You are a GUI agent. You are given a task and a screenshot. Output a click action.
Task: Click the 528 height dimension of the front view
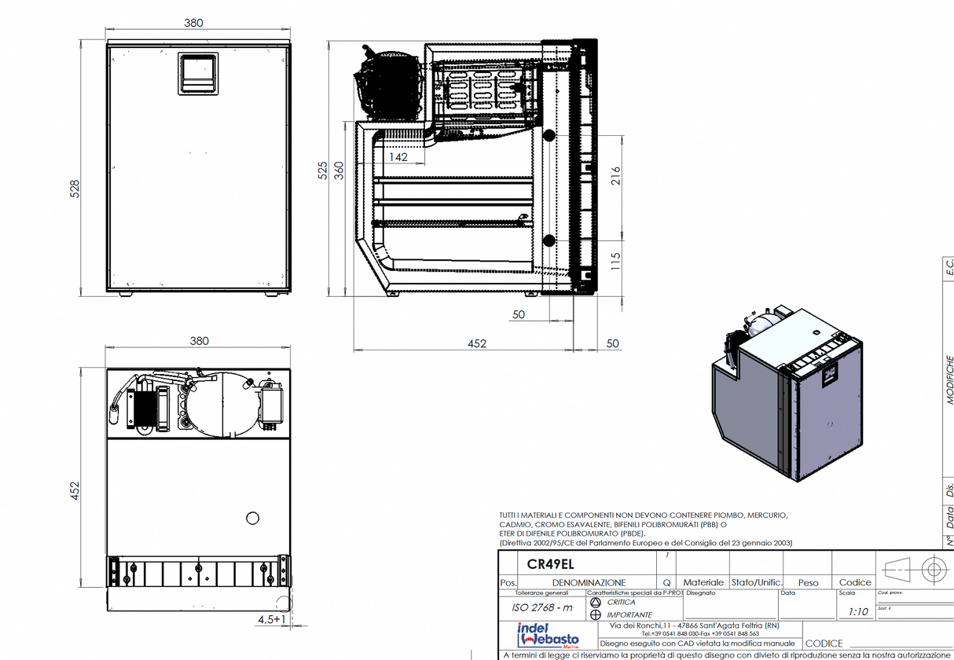point(75,189)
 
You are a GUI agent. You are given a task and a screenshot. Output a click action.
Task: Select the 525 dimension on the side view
point(322,170)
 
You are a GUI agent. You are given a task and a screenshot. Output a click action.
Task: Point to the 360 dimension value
point(339,170)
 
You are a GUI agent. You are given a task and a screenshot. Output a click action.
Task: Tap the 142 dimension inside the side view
point(398,157)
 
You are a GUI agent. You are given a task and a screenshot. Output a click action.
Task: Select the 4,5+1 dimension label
point(271,619)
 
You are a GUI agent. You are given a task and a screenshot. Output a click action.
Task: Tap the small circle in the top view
point(252,518)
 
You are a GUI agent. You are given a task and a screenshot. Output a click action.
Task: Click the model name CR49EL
point(550,565)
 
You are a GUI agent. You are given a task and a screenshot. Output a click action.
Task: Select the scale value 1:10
point(858,611)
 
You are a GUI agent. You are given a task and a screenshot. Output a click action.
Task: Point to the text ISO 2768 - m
point(542,607)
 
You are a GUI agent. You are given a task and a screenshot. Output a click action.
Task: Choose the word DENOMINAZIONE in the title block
point(589,583)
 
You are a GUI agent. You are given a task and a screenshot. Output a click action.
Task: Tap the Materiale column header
point(703,583)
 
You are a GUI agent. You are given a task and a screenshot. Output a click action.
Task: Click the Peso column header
point(808,583)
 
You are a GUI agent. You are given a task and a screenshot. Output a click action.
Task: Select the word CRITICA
point(621,602)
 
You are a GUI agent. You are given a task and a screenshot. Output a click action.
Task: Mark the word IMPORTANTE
point(629,614)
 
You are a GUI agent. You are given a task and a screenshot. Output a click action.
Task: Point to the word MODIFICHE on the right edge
point(949,379)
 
